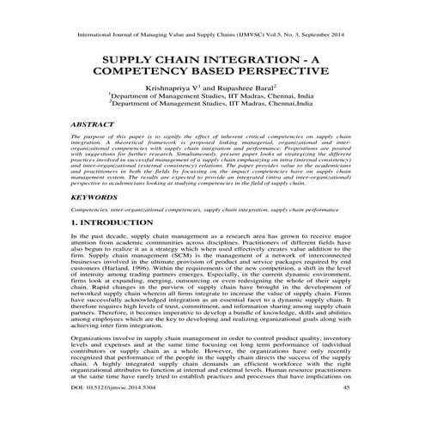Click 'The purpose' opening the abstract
tap(88, 137)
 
